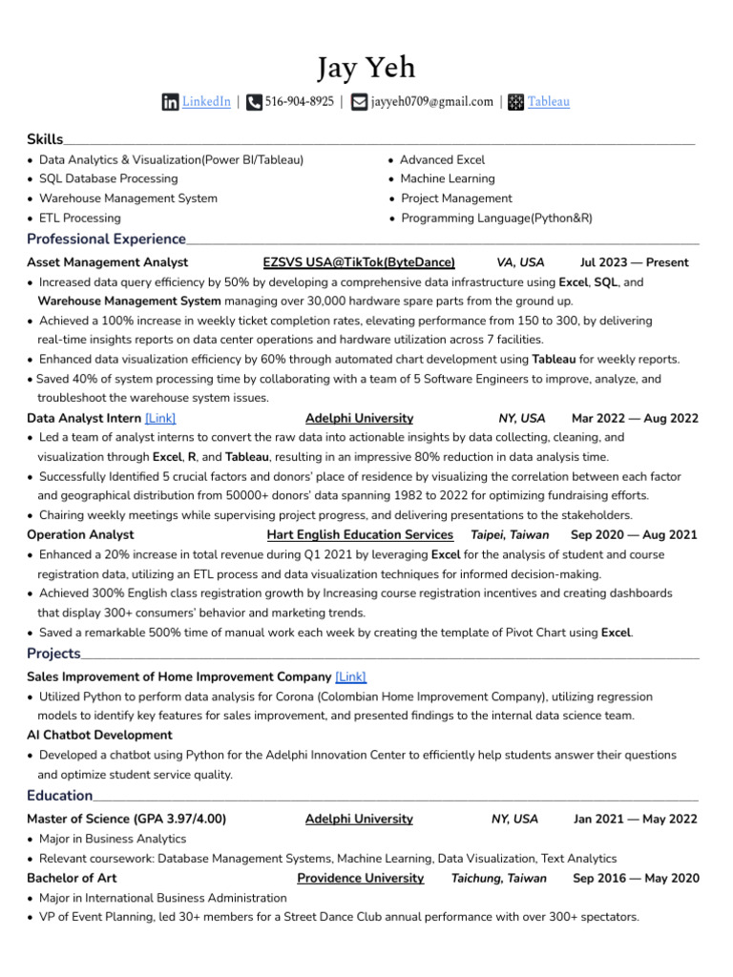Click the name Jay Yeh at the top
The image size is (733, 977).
tap(366, 68)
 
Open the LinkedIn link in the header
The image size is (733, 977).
tap(206, 102)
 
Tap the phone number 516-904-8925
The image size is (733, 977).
tap(299, 102)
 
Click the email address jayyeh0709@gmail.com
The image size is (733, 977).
tap(432, 102)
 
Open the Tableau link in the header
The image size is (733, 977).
tap(549, 102)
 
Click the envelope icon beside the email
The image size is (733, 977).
tap(359, 102)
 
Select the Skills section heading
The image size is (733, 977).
tap(45, 140)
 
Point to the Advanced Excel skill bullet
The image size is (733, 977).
tap(442, 160)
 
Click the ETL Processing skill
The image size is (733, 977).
tap(80, 218)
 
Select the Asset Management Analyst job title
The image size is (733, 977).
tap(107, 262)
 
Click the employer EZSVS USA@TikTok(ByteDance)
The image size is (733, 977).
tap(359, 262)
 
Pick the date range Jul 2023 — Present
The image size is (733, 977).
tap(634, 262)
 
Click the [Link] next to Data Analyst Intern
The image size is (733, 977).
tap(160, 418)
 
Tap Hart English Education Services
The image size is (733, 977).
tap(360, 535)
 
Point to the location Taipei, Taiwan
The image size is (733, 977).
tap(510, 535)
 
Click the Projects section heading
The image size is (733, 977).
tap(53, 654)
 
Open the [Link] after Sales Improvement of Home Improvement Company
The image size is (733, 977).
tap(350, 676)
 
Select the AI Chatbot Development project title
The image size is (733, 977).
tap(99, 736)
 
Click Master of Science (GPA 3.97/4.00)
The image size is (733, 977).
tap(126, 819)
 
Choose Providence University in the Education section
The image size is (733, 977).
tap(360, 878)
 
